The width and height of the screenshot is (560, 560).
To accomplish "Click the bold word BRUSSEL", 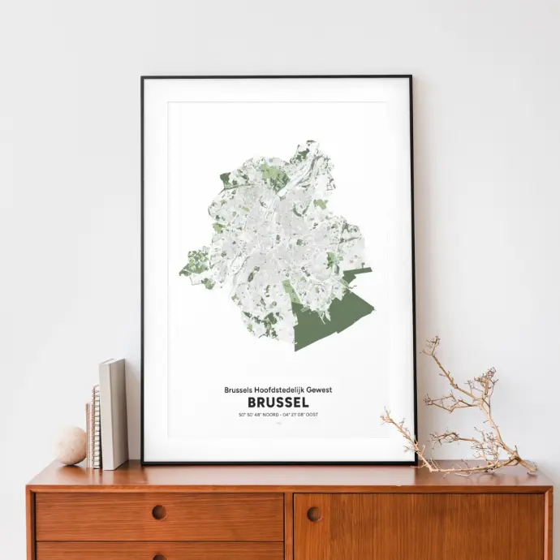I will click(x=278, y=403).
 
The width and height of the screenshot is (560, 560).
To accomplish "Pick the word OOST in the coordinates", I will click(x=310, y=415).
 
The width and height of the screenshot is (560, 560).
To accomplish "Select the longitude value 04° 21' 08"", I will click(x=292, y=415).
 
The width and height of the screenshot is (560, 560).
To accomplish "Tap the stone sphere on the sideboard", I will click(x=70, y=446).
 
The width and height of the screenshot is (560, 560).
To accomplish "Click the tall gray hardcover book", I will click(x=113, y=413).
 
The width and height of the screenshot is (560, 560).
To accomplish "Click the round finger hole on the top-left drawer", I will click(x=159, y=512).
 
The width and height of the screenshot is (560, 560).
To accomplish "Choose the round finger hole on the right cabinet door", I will click(x=314, y=514).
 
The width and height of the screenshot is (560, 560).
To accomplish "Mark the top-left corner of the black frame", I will click(x=143, y=78).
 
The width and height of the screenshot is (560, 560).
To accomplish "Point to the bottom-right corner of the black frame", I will click(x=415, y=463).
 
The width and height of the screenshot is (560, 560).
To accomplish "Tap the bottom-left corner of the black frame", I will click(x=144, y=463).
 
